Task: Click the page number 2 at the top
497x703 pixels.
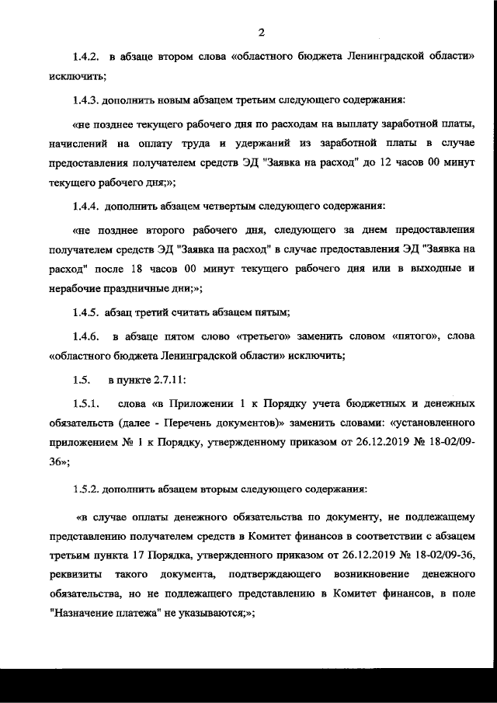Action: pyautogui.click(x=262, y=32)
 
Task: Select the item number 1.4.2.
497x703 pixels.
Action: pyautogui.click(x=85, y=57)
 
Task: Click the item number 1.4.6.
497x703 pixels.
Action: pyautogui.click(x=85, y=337)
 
